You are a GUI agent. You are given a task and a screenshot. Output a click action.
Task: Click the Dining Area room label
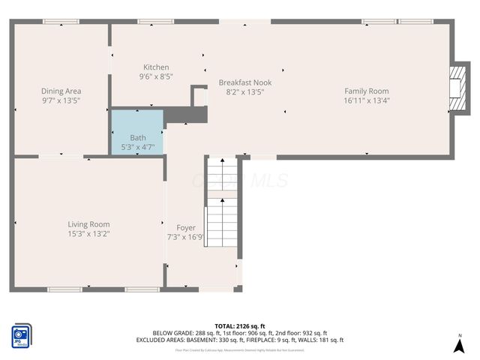point(61,91)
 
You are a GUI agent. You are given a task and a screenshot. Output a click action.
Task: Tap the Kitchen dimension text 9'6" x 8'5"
point(155,76)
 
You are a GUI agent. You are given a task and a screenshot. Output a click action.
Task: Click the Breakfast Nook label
point(245,82)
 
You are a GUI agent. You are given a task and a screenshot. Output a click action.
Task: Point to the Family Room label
point(367,91)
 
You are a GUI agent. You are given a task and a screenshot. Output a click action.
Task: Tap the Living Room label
point(88,224)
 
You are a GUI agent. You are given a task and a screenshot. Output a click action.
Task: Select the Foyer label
point(185,228)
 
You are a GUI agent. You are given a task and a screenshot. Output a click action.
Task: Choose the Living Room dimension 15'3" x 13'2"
point(88,234)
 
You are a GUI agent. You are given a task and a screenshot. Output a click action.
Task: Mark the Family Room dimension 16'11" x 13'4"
point(367,100)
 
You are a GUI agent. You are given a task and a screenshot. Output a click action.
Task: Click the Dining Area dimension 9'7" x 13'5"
point(61,100)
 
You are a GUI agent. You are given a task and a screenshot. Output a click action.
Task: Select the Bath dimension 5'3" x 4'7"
point(138,147)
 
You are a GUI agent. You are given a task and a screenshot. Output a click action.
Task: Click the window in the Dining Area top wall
point(61,22)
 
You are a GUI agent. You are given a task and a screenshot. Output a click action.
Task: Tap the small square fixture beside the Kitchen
point(199,96)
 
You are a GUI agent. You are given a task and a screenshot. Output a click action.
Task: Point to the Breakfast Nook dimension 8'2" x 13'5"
point(245,91)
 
